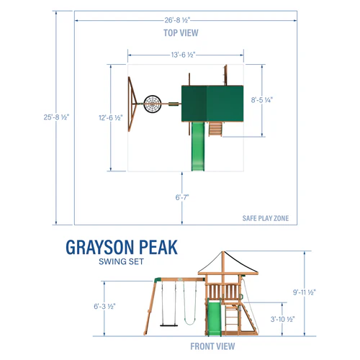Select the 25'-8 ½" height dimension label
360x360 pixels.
[56, 117]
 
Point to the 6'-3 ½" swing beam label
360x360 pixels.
[104, 306]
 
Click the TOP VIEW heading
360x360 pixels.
[181, 33]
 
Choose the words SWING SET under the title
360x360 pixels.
[120, 263]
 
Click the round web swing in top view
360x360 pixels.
[153, 104]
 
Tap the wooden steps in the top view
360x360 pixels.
[214, 129]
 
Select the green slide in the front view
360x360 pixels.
[213, 317]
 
